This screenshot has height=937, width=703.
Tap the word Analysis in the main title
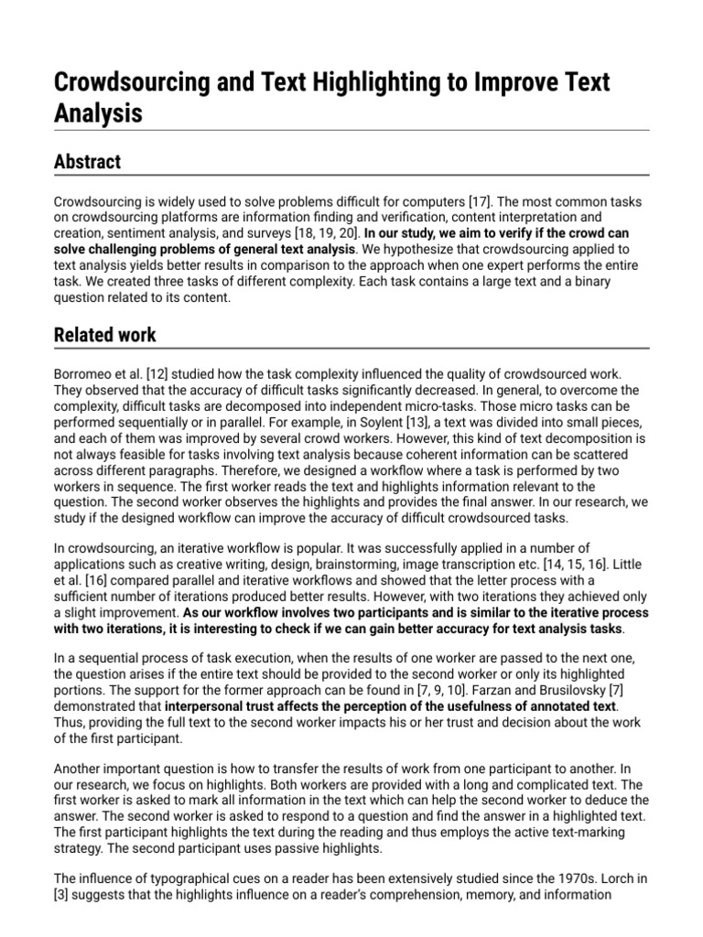98,113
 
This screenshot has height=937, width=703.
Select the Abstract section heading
87,162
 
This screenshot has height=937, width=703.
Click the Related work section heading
104,335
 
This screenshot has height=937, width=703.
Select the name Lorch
615,878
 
